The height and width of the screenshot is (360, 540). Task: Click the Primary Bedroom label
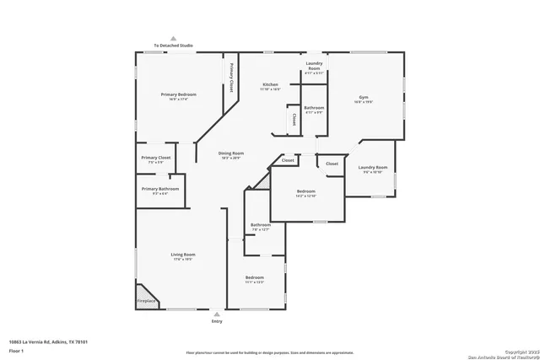175,94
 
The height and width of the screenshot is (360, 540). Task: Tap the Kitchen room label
270,84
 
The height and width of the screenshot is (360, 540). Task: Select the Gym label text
364,97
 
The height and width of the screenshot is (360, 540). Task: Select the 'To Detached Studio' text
172,46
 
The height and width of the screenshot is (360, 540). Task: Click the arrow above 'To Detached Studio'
172,38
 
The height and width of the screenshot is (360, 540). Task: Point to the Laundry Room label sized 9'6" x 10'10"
372,168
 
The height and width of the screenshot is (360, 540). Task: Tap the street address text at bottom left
49,341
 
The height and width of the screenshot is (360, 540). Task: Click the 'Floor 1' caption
16,350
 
